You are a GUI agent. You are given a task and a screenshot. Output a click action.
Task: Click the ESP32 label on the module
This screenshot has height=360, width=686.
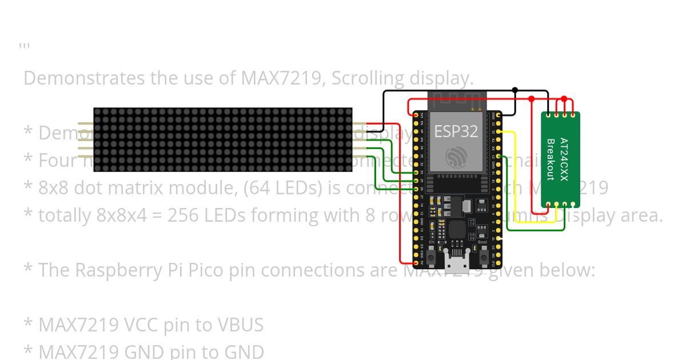[x=456, y=131]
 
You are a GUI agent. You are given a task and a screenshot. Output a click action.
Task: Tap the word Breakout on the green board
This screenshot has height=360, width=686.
[x=551, y=159]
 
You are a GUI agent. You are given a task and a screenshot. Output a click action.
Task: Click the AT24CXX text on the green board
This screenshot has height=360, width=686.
[x=564, y=159]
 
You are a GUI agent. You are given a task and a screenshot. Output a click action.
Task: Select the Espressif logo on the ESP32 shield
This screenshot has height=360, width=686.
[x=456, y=157]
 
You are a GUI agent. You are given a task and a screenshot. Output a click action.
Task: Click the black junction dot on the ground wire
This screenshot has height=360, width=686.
[x=515, y=90]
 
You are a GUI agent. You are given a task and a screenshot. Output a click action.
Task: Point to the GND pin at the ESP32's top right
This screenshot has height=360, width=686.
[x=499, y=115]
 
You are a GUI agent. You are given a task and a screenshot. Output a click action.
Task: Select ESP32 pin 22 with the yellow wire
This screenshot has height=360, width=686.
[x=499, y=132]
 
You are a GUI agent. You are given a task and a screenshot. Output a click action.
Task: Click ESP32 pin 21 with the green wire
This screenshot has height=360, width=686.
[x=499, y=157]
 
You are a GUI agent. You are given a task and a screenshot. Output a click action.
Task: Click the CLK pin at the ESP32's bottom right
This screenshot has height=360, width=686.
[x=499, y=263]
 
